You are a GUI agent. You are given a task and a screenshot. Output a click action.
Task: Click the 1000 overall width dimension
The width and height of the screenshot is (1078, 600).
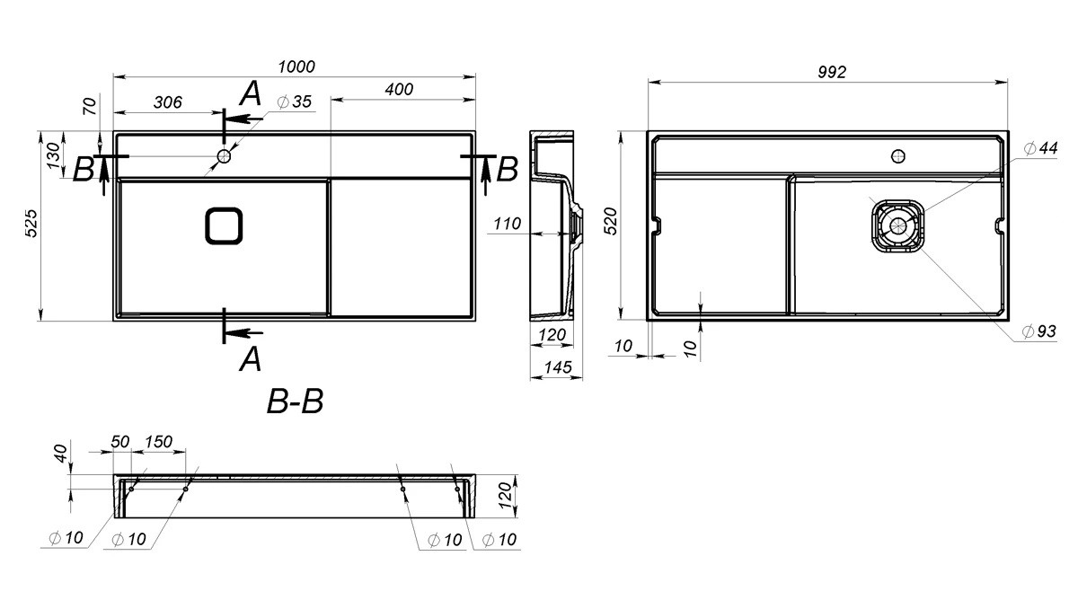point(296,66)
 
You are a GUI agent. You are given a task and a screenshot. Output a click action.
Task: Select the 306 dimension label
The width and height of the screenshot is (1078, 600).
point(167,102)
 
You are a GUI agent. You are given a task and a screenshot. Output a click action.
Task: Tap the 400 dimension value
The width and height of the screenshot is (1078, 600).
point(399,89)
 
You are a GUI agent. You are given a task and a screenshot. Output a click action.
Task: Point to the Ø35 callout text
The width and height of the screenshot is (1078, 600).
point(295,101)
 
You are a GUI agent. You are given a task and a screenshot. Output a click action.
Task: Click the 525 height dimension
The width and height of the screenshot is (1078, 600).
point(31,223)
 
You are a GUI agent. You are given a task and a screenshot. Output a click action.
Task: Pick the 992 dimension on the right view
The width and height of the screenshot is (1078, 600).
point(832,72)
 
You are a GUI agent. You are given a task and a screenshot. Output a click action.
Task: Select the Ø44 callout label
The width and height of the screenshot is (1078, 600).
point(1040,147)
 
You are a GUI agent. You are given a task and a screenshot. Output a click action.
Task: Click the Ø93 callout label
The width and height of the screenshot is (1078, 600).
point(1039,331)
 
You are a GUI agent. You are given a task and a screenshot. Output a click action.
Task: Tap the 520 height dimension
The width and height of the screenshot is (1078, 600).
point(610,221)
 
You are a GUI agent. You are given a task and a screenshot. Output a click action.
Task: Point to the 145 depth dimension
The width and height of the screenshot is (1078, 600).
point(557,367)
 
